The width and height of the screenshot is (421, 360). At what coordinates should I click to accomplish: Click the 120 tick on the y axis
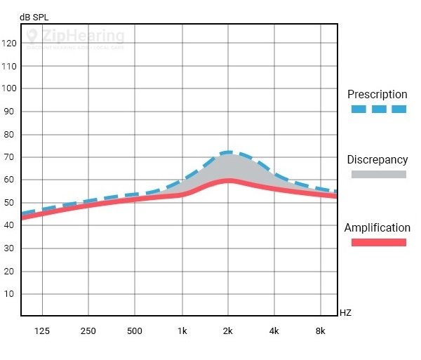tap(10, 44)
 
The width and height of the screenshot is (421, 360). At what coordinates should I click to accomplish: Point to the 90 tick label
tap(10, 112)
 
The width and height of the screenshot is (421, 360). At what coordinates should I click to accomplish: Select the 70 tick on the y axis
tap(10, 157)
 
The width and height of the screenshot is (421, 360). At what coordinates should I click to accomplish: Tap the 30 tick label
tap(10, 248)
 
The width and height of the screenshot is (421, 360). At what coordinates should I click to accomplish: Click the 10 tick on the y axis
tap(10, 294)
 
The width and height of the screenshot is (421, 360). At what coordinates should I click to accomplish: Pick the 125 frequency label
tap(42, 331)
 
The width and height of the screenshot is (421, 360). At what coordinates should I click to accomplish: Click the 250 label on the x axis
tap(88, 331)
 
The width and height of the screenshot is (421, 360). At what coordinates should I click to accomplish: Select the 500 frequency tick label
tap(135, 331)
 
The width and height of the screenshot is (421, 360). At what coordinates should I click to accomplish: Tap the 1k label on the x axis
tap(182, 331)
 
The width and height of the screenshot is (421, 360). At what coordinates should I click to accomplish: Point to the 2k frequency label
tap(228, 331)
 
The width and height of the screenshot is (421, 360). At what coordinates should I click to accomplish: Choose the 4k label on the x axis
tap(274, 331)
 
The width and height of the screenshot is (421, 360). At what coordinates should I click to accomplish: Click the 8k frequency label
tap(321, 331)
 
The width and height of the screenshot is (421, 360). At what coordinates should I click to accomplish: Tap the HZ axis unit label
tap(345, 312)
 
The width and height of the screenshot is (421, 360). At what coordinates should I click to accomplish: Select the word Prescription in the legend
tap(377, 95)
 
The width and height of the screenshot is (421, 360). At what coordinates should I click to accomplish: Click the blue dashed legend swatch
tap(379, 109)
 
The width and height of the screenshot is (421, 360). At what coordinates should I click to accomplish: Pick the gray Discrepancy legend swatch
tap(379, 175)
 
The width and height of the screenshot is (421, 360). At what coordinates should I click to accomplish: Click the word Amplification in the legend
tap(377, 227)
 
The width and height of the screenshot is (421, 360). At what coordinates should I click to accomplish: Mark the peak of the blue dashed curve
tap(227, 152)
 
